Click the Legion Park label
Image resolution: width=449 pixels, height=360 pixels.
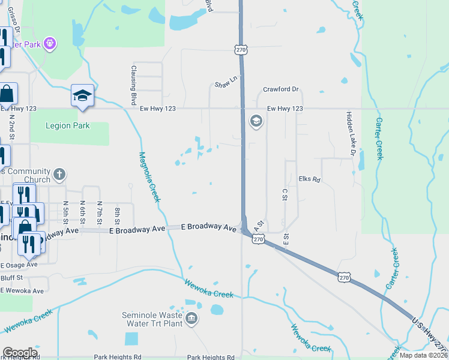pos(68,125)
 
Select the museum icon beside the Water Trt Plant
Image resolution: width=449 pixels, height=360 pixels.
pos(191,318)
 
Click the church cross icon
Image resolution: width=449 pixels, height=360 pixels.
pos(59,175)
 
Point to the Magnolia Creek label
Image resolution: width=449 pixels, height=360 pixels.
pos(149,176)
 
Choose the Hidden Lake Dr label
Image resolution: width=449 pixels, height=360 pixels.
pos(351,134)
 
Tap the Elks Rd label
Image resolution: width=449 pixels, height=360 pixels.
pos(310,179)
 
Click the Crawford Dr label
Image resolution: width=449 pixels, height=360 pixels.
pos(280,89)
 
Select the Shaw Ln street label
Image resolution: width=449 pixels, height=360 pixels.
pos(226,88)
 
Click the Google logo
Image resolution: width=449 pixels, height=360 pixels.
pos(20,353)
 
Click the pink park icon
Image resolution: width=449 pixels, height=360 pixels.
pos(50,43)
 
